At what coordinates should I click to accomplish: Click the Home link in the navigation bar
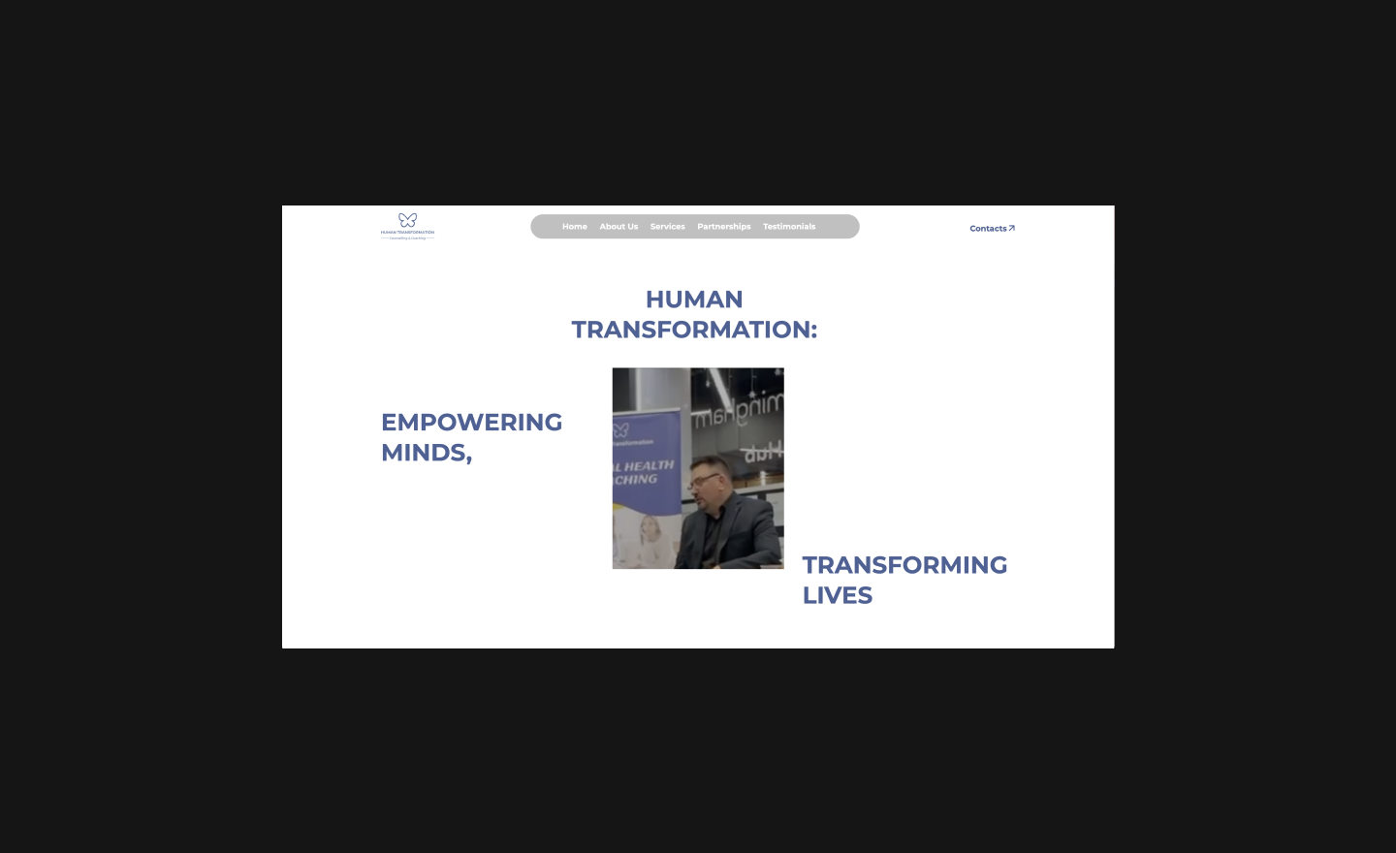pyautogui.click(x=574, y=227)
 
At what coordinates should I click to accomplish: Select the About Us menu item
pyautogui.click(x=619, y=227)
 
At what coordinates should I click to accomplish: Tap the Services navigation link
pyautogui.click(x=667, y=227)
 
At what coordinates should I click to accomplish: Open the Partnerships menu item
pyautogui.click(x=723, y=227)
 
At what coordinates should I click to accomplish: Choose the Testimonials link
pyautogui.click(x=789, y=227)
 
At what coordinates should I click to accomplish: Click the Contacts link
pyautogui.click(x=988, y=229)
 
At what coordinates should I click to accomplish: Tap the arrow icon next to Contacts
pyautogui.click(x=1011, y=229)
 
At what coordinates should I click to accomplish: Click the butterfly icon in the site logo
pyautogui.click(x=407, y=220)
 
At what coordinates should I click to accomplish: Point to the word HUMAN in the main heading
pyautogui.click(x=694, y=300)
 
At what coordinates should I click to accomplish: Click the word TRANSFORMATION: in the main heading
pyautogui.click(x=694, y=330)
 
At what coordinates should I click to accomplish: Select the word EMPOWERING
pyautogui.click(x=471, y=423)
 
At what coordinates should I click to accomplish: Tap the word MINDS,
pyautogui.click(x=427, y=453)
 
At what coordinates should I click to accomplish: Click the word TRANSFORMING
pyautogui.click(x=904, y=565)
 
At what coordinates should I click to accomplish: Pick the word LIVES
pyautogui.click(x=837, y=595)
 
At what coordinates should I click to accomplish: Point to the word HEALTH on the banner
pyautogui.click(x=650, y=466)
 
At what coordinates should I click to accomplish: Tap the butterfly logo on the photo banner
pyautogui.click(x=620, y=429)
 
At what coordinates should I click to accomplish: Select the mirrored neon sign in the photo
pyautogui.click(x=737, y=412)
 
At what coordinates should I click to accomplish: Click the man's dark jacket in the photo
pyautogui.click(x=742, y=538)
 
